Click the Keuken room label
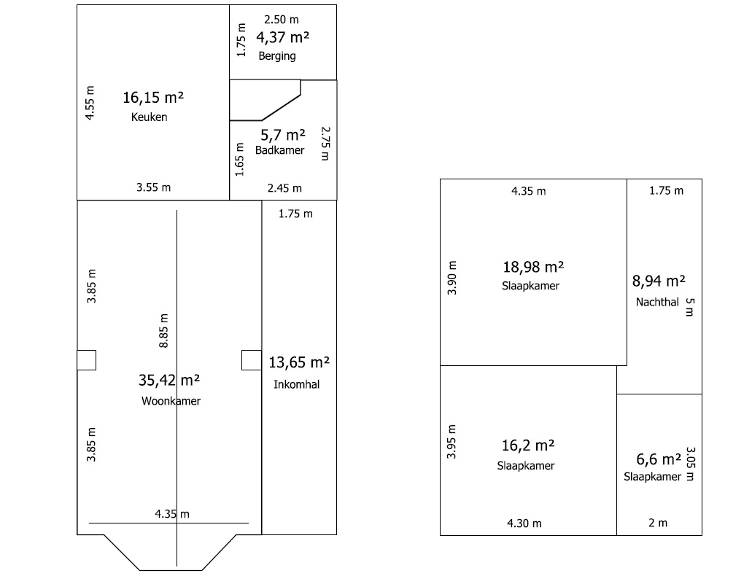pyautogui.click(x=149, y=117)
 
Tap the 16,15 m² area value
pyautogui.click(x=153, y=98)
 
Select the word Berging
pyautogui.click(x=277, y=56)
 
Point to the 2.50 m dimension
pyautogui.click(x=282, y=20)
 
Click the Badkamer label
pyautogui.click(x=279, y=150)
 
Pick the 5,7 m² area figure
pyautogui.click(x=283, y=135)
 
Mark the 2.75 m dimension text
pyautogui.click(x=325, y=144)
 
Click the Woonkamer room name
pyautogui.click(x=171, y=401)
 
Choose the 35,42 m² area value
pyautogui.click(x=169, y=381)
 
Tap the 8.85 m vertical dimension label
pyautogui.click(x=163, y=331)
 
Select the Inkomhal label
pyautogui.click(x=296, y=384)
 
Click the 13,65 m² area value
pyautogui.click(x=299, y=362)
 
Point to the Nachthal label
pyautogui.click(x=657, y=302)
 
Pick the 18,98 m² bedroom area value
pyautogui.click(x=533, y=267)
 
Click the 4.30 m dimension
pyautogui.click(x=524, y=523)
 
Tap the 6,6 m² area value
pyautogui.click(x=659, y=459)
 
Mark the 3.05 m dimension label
pyautogui.click(x=690, y=464)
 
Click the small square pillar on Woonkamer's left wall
pyautogui.click(x=87, y=360)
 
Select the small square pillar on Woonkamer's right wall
pyautogui.click(x=252, y=360)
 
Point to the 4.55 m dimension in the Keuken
pyautogui.click(x=90, y=103)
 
